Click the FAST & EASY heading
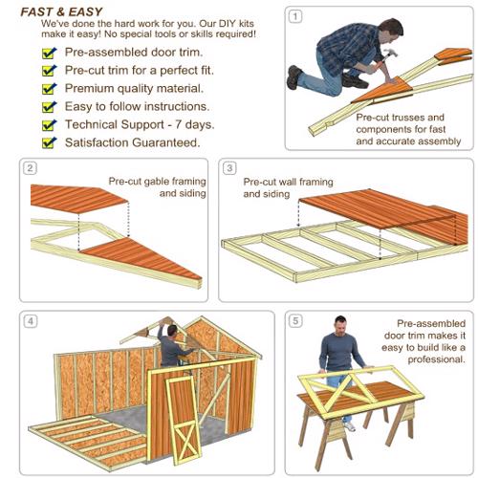point(61,12)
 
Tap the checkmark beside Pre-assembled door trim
point(49,54)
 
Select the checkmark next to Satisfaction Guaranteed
point(49,142)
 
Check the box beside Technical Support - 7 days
point(49,125)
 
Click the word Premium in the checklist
point(89,89)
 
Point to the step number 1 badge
point(295,16)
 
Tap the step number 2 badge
point(30,168)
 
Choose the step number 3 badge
point(229,168)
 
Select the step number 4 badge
point(31,321)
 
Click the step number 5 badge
point(295,321)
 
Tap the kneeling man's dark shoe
point(293,76)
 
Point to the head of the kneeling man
point(391,32)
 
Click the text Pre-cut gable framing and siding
point(157,187)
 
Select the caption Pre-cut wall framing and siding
point(288,187)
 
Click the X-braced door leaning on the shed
point(183,420)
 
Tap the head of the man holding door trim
point(340,325)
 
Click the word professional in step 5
point(436,359)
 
